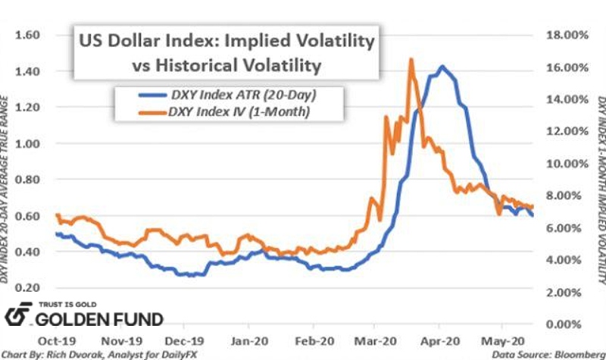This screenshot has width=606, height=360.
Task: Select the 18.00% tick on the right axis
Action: point(562,35)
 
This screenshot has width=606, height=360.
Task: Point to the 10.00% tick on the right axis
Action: point(562,164)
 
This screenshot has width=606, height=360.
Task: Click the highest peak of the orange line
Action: point(411,59)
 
